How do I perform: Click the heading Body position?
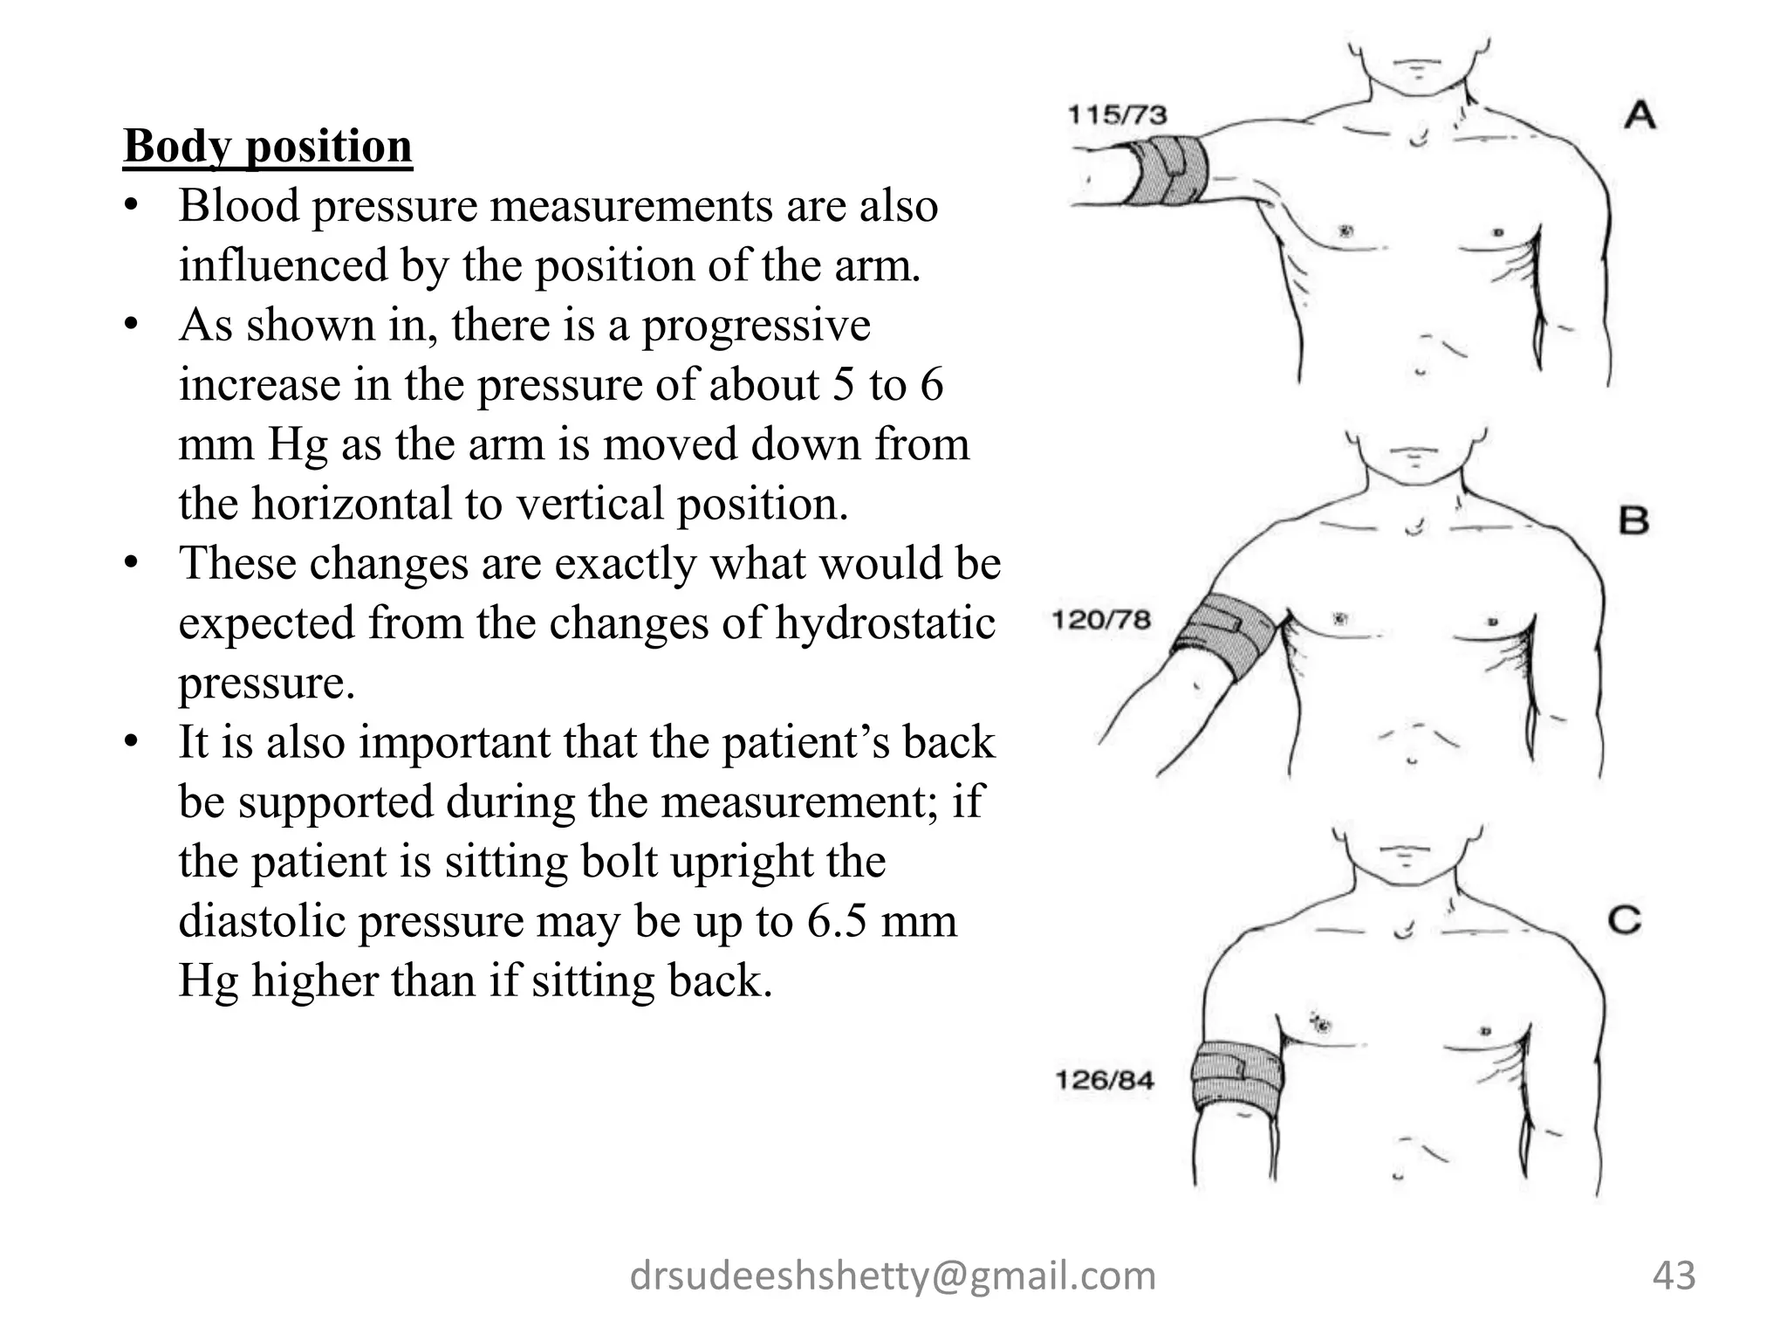pyautogui.click(x=267, y=146)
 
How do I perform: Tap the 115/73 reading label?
pyautogui.click(x=1118, y=114)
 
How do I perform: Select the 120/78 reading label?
pyautogui.click(x=1101, y=620)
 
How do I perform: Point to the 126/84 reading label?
pyautogui.click(x=1105, y=1080)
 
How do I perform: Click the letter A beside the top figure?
pyautogui.click(x=1640, y=115)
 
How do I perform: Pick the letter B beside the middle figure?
pyautogui.click(x=1634, y=522)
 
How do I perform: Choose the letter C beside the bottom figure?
pyautogui.click(x=1625, y=920)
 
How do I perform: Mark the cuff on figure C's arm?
pyautogui.click(x=1236, y=1077)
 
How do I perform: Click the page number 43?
pyautogui.click(x=1674, y=1276)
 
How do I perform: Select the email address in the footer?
pyautogui.click(x=893, y=1276)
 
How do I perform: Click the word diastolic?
pyautogui.click(x=261, y=921)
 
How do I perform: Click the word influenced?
pyautogui.click(x=283, y=265)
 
